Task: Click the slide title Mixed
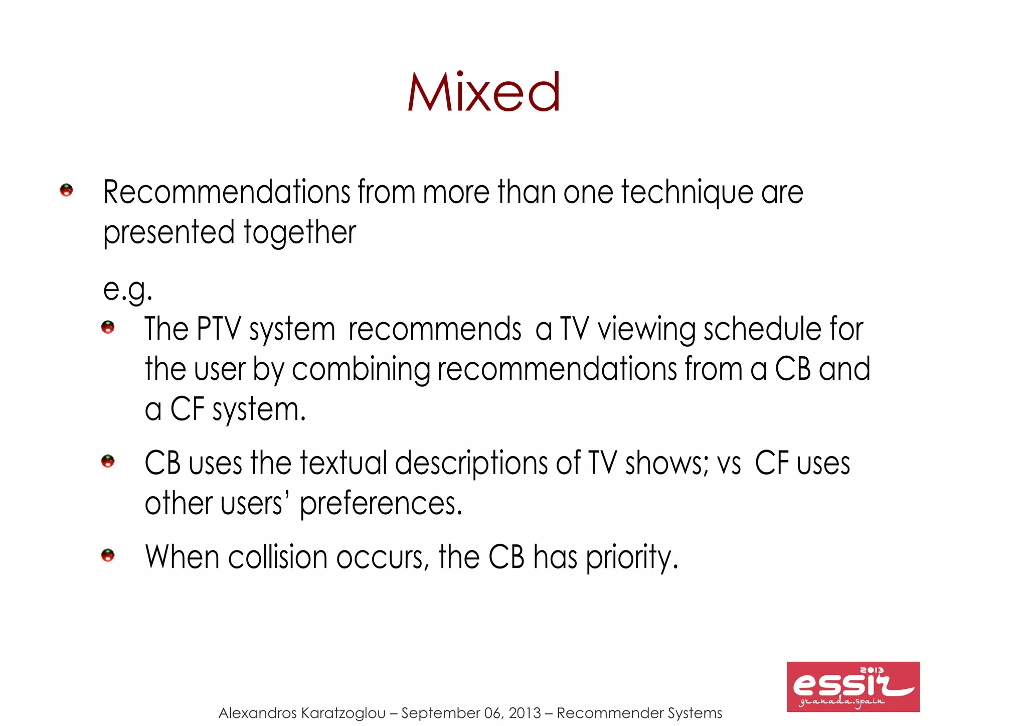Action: click(483, 92)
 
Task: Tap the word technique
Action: click(687, 193)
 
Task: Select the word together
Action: click(299, 233)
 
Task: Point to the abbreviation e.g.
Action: click(127, 289)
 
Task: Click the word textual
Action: click(344, 463)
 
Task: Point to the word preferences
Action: click(381, 504)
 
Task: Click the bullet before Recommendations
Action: click(66, 190)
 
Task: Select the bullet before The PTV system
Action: click(108, 328)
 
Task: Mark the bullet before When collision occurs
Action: click(108, 555)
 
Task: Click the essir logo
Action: click(852, 686)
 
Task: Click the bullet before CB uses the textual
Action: click(108, 461)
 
